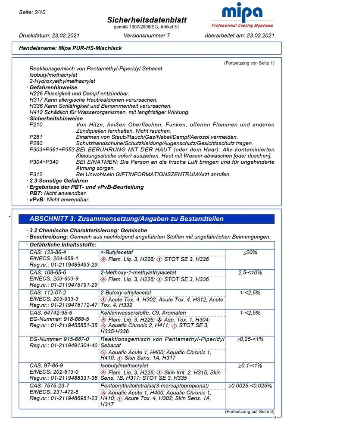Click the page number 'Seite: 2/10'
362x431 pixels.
(32, 12)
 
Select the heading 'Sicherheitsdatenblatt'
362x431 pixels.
(147, 20)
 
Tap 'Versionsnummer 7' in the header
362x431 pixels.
(147, 35)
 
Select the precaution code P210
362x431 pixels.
(36, 125)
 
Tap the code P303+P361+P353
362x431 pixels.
(52, 150)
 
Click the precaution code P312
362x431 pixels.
(36, 174)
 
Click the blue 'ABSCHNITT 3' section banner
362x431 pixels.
(146, 219)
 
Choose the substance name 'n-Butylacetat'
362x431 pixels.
(117, 252)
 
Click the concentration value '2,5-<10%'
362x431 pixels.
(250, 273)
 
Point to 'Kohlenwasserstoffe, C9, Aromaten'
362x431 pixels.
(143, 313)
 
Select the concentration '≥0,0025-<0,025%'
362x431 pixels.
(250, 385)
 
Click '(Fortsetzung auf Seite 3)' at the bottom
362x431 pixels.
(249, 412)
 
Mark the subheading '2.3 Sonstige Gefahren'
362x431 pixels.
(59, 181)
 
